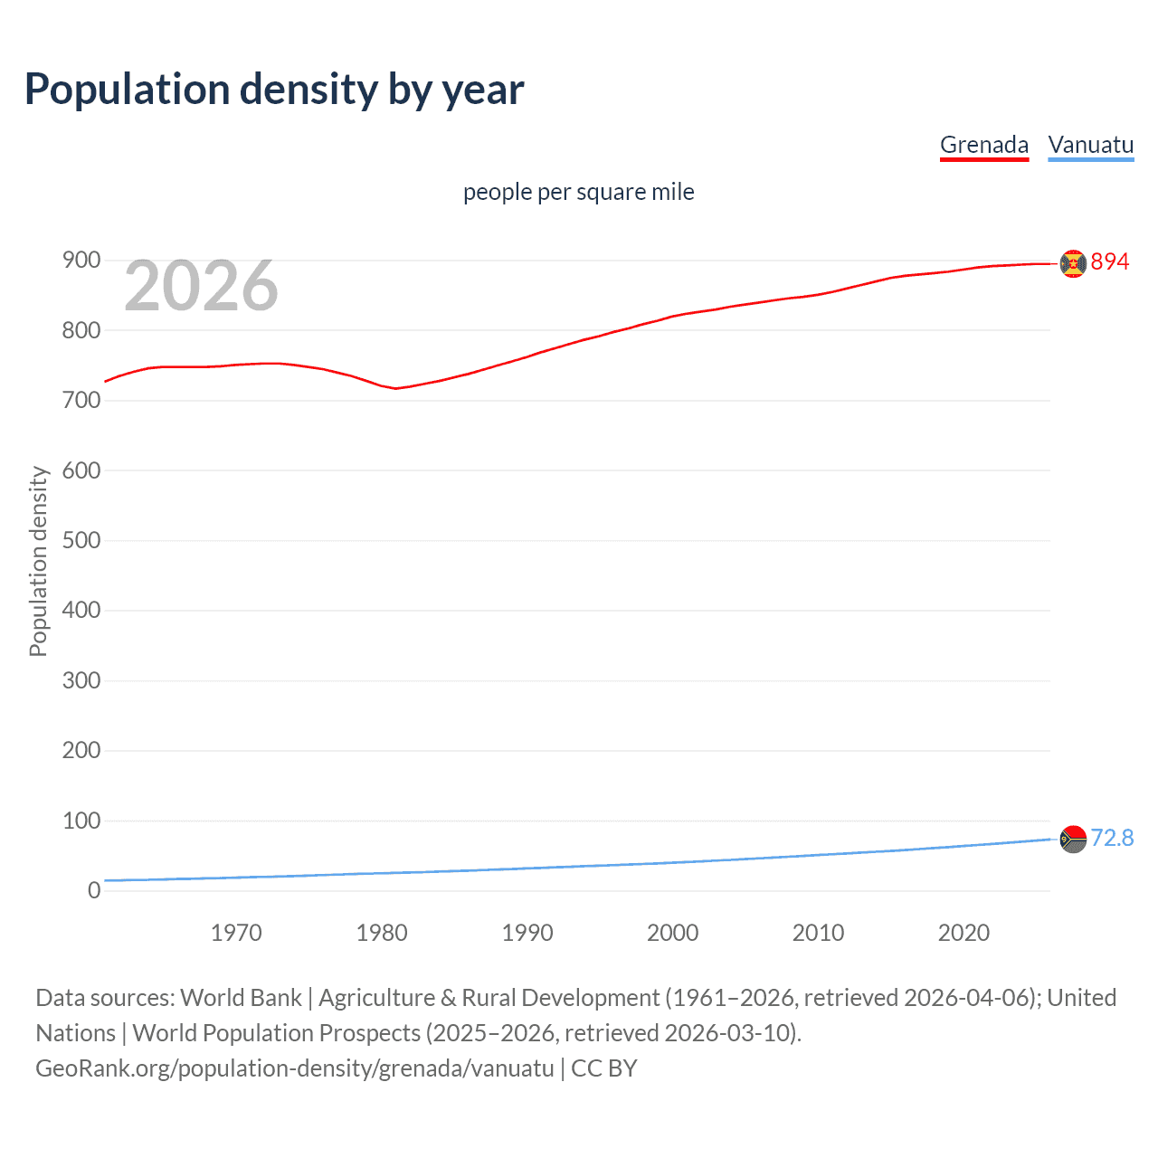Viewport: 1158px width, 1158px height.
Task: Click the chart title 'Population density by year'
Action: point(274,90)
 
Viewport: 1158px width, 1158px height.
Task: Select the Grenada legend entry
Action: point(984,145)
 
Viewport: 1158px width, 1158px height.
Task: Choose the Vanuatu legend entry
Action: point(1090,145)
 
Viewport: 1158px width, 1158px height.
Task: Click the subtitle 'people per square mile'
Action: point(578,192)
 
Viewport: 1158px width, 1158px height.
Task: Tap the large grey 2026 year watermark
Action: point(201,286)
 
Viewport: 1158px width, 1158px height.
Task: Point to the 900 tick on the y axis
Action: point(81,261)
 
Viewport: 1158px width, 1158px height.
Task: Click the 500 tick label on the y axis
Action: point(81,540)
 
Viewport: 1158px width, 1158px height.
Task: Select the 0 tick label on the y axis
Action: point(94,891)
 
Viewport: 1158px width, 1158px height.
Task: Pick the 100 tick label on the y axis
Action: point(81,821)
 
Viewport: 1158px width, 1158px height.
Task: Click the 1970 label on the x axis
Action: point(236,933)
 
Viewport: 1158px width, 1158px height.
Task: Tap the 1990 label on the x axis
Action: point(527,933)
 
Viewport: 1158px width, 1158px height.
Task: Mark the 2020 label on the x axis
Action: point(963,933)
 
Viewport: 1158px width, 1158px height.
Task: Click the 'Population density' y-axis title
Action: point(38,561)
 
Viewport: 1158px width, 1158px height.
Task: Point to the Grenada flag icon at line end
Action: point(1073,263)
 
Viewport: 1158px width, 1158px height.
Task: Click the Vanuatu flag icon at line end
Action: point(1073,840)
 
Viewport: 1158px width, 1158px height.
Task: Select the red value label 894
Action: point(1110,261)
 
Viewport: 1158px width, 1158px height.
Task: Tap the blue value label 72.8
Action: point(1112,839)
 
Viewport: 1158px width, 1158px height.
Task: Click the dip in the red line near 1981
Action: point(395,388)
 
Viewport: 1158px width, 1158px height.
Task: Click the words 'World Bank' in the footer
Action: point(241,998)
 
